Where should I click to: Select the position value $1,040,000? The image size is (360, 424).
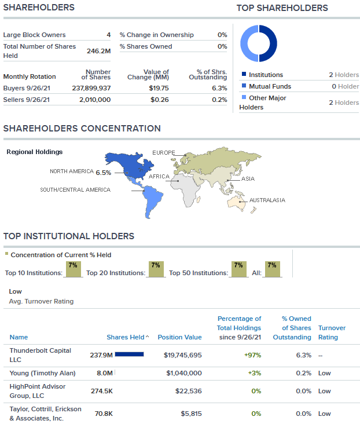(x=184, y=374)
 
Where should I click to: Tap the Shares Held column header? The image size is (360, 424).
(x=126, y=337)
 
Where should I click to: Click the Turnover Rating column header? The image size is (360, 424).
(x=332, y=332)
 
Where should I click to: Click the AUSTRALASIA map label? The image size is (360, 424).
(x=267, y=200)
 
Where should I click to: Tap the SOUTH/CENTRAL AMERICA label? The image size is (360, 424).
(x=75, y=190)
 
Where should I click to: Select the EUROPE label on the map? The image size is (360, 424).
(x=164, y=153)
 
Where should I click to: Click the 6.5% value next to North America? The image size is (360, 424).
(x=104, y=173)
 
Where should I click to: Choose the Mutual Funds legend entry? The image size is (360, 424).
(x=270, y=86)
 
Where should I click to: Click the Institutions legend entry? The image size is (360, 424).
(x=266, y=75)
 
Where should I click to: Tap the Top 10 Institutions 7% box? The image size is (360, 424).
(x=73, y=269)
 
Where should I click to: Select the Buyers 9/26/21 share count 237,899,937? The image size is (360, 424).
(x=87, y=88)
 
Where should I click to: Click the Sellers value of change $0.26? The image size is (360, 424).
(x=160, y=100)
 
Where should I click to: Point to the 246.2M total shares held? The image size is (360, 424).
(x=98, y=51)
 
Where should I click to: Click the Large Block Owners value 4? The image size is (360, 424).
(x=108, y=35)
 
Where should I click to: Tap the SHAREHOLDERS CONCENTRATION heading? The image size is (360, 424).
(x=82, y=129)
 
